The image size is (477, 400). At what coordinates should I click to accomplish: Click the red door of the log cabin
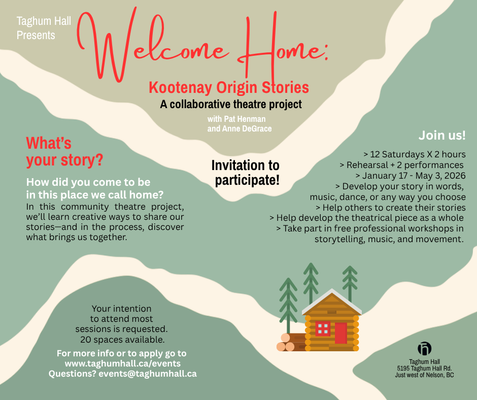[x=340, y=333]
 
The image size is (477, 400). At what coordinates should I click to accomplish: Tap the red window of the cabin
[x=323, y=329]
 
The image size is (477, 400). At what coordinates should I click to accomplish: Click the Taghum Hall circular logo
[x=424, y=349]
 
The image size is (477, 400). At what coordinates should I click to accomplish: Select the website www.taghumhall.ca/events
[x=123, y=363]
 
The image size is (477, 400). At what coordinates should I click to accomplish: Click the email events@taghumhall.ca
[x=148, y=374]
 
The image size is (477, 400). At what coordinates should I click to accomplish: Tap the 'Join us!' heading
[x=442, y=135]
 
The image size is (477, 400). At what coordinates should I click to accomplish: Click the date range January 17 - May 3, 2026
[x=414, y=176]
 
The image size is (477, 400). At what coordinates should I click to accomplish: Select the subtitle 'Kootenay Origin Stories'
[x=229, y=87]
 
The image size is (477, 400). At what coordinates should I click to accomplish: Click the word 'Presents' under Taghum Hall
[x=36, y=36]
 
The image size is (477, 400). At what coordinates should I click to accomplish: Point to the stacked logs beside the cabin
[x=291, y=342]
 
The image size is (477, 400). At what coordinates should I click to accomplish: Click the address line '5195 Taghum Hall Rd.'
[x=424, y=369]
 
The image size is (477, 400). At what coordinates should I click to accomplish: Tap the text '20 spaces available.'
[x=122, y=340]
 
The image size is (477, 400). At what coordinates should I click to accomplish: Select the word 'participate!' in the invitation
[x=247, y=180]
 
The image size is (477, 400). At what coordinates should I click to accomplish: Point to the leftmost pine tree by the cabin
[x=288, y=305]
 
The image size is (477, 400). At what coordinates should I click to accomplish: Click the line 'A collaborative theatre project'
[x=231, y=104]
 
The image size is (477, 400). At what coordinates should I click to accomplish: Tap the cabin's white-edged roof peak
[x=331, y=290]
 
